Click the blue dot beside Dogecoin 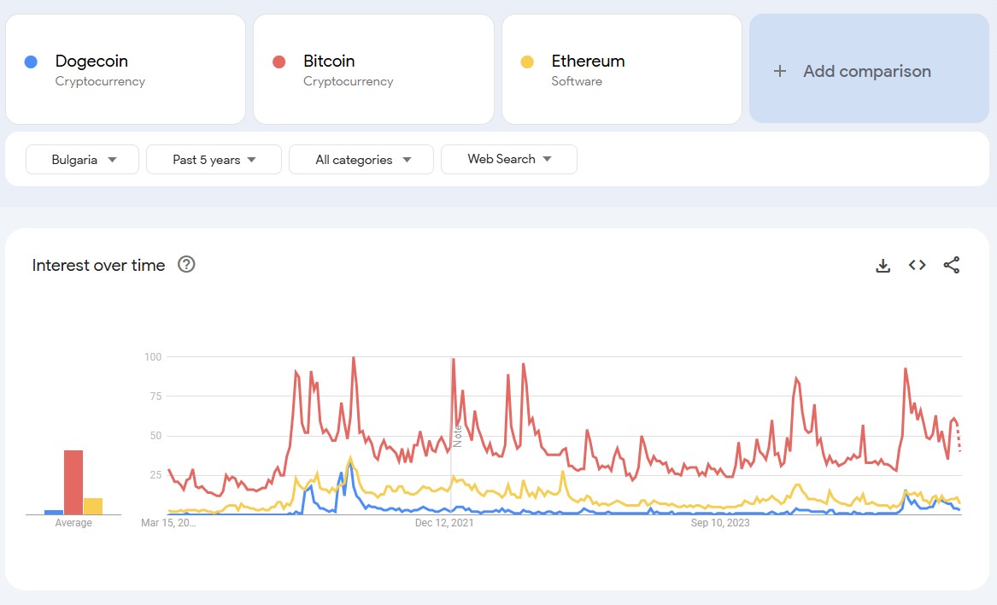[x=31, y=62]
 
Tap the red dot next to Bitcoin [x=279, y=62]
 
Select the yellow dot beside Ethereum [x=527, y=62]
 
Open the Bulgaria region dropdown [x=82, y=160]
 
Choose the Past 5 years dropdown [x=214, y=160]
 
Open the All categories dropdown [x=361, y=160]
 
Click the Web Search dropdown [x=508, y=159]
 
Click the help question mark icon [x=186, y=265]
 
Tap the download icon [x=883, y=266]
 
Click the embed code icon [x=917, y=265]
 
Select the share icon [x=951, y=265]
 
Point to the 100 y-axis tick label [x=152, y=356]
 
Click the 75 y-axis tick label [x=155, y=396]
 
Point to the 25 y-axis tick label [x=155, y=475]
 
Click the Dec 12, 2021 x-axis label [x=443, y=523]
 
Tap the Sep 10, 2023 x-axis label [x=719, y=523]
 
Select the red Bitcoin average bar [x=73, y=482]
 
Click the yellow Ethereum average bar [x=93, y=506]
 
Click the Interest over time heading [x=98, y=266]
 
